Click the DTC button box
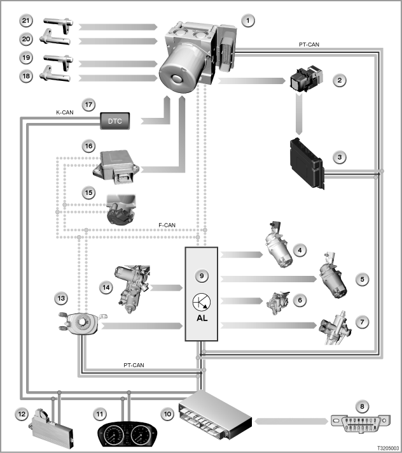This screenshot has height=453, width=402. click(114, 121)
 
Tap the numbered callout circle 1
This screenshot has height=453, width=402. click(248, 21)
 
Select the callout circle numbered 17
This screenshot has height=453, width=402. click(88, 104)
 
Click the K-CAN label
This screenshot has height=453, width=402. click(65, 112)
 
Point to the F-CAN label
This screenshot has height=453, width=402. click(167, 225)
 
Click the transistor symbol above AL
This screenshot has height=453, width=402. click(201, 302)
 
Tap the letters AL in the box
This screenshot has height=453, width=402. click(202, 318)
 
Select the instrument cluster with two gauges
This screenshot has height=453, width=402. click(127, 434)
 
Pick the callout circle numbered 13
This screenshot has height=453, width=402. click(61, 298)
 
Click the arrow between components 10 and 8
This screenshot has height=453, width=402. click(291, 422)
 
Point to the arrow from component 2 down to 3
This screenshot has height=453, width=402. click(299, 113)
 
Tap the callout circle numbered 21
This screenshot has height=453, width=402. click(26, 20)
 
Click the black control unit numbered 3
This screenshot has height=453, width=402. click(307, 163)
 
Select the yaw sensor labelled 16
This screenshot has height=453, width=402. click(116, 167)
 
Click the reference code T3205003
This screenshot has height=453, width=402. click(388, 448)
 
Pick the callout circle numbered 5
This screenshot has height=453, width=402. click(362, 279)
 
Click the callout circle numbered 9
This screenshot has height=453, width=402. click(202, 276)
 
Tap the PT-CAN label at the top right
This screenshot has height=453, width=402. click(309, 45)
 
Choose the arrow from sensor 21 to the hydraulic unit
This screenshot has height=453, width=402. click(118, 27)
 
